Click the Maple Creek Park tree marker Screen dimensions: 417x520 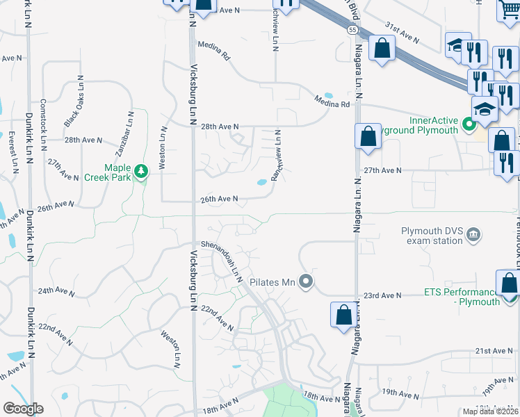tap(141, 170)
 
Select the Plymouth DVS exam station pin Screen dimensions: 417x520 tap(474, 233)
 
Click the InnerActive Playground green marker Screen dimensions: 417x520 tap(469, 125)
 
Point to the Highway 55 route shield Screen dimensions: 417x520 tap(352, 30)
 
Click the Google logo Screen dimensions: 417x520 tap(22, 409)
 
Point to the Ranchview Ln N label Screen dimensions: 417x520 tap(279, 156)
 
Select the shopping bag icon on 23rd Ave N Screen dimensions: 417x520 tap(510, 285)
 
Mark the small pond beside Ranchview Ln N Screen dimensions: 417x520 tap(261, 183)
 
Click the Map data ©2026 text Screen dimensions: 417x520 tap(490, 411)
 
